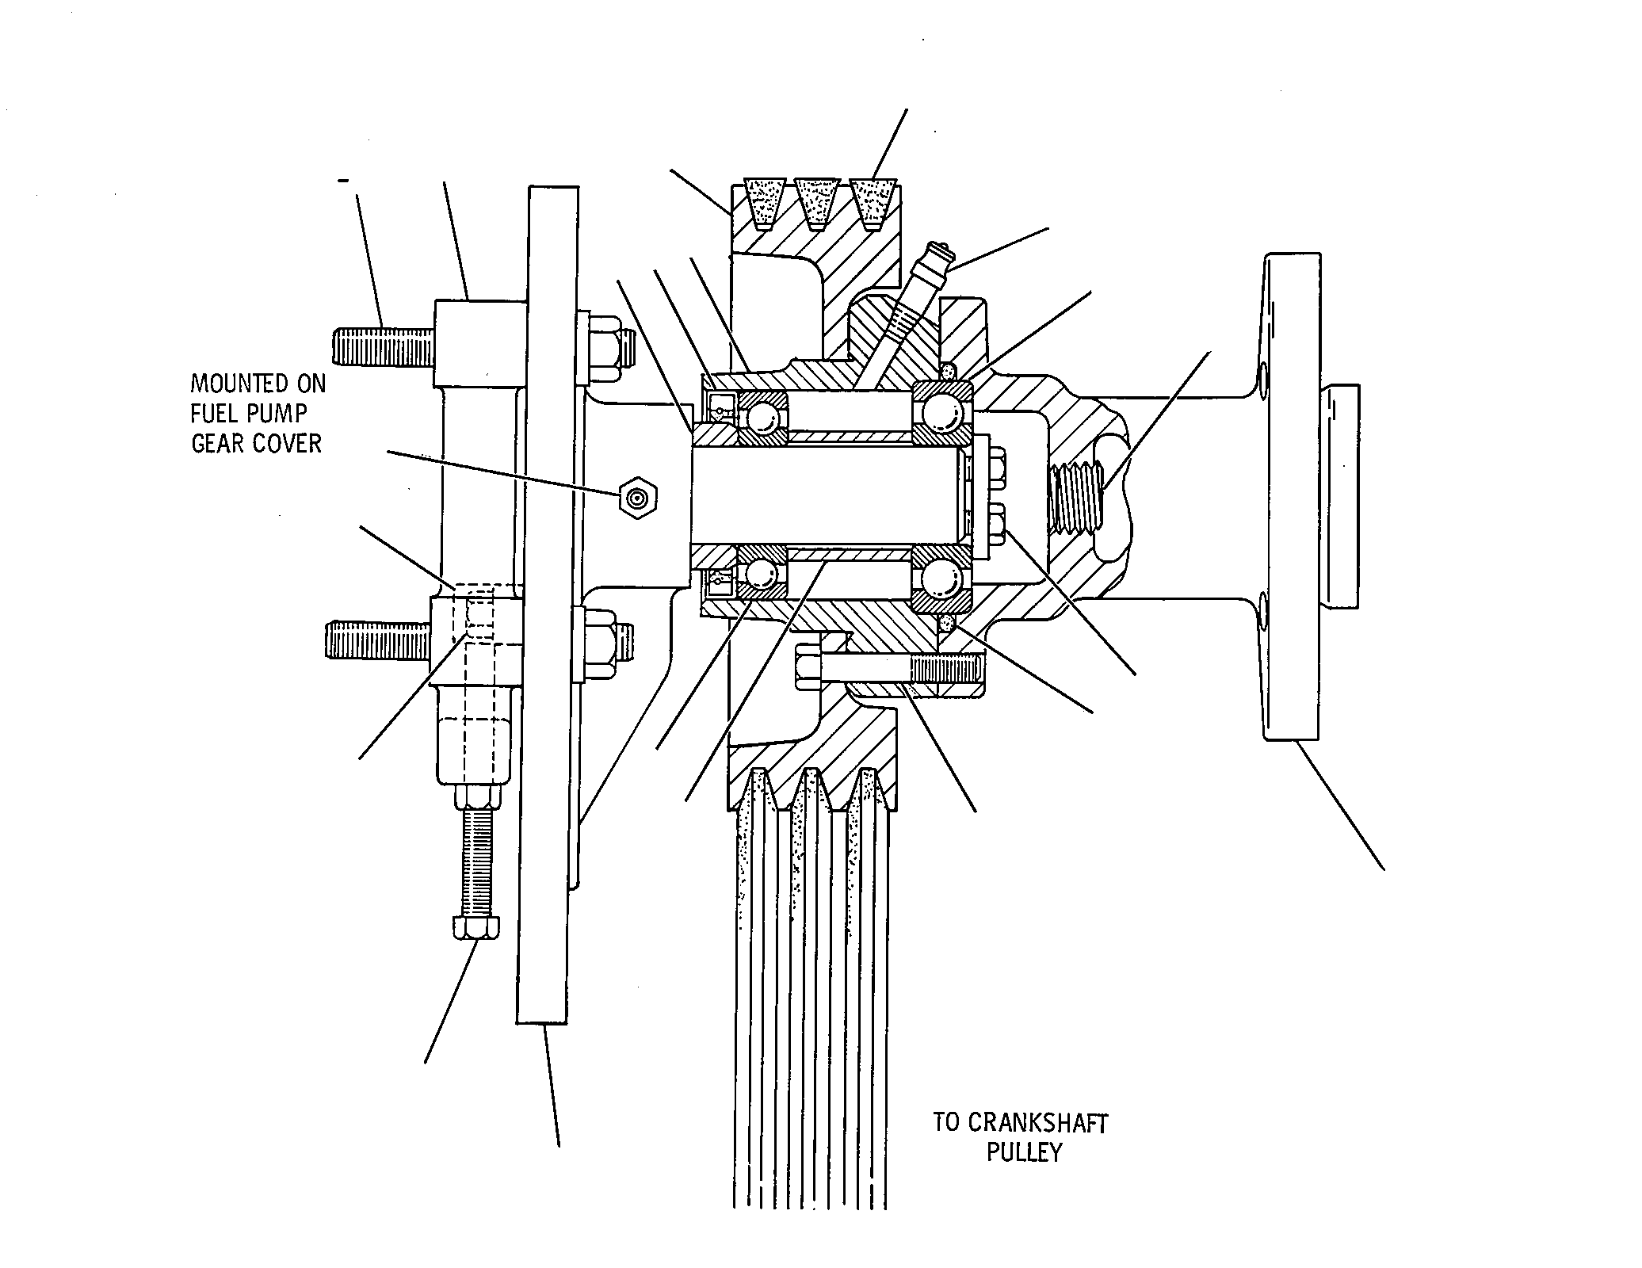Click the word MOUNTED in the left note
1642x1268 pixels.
click(258, 384)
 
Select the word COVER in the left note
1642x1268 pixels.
click(288, 443)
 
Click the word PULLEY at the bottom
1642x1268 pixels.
click(1024, 1152)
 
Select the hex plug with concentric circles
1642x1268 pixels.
click(639, 498)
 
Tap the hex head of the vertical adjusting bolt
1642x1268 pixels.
click(475, 928)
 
